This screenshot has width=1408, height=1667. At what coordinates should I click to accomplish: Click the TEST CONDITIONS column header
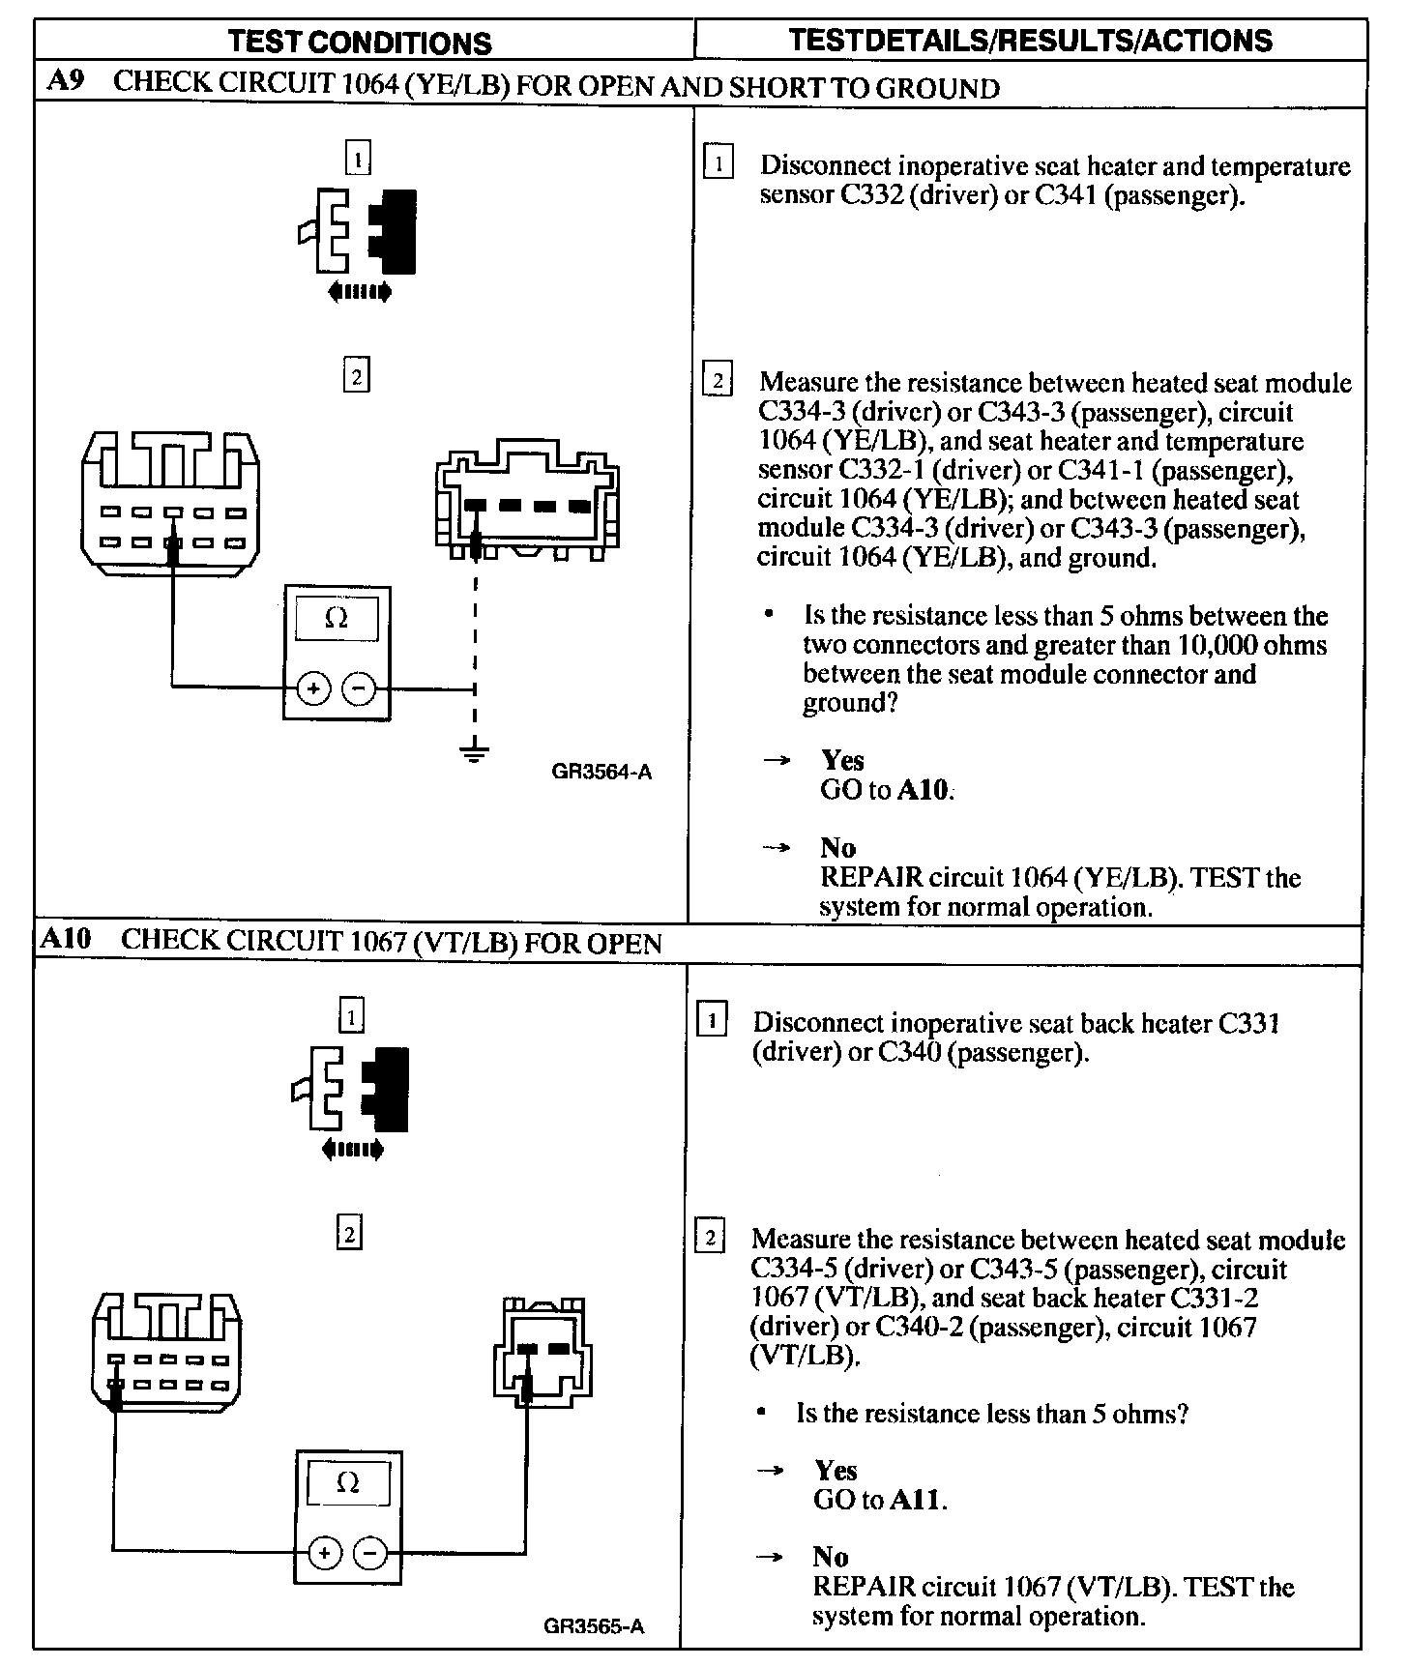click(x=360, y=43)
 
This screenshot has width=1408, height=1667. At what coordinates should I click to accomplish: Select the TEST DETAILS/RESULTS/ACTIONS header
click(x=1030, y=41)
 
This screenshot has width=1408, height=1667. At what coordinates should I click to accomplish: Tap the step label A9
click(x=66, y=80)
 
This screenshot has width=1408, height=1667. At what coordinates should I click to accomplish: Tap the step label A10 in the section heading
click(x=67, y=939)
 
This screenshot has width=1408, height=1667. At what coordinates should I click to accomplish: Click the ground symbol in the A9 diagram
click(x=474, y=751)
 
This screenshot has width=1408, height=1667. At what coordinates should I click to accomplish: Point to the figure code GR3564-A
click(x=601, y=772)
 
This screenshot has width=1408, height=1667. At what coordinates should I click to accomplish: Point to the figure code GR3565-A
click(x=594, y=1625)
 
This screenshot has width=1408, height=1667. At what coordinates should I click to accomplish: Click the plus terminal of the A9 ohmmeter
click(x=313, y=688)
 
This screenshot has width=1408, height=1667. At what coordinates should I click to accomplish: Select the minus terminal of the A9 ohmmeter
click(x=359, y=688)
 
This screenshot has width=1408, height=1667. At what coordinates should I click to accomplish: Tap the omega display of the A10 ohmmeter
click(x=348, y=1483)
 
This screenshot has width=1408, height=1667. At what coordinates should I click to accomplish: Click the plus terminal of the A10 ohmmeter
click(x=325, y=1553)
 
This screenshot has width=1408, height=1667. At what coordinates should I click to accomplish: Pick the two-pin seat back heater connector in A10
click(x=542, y=1351)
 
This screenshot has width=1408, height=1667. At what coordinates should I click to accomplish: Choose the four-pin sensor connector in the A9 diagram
click(x=527, y=503)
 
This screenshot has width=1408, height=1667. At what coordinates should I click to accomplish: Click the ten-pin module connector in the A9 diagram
click(x=170, y=503)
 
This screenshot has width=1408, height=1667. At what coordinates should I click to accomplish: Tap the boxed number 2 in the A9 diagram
click(x=356, y=375)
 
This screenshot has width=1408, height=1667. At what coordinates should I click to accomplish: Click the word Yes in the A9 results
click(x=842, y=760)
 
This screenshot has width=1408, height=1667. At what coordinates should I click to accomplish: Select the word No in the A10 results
click(x=831, y=1557)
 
